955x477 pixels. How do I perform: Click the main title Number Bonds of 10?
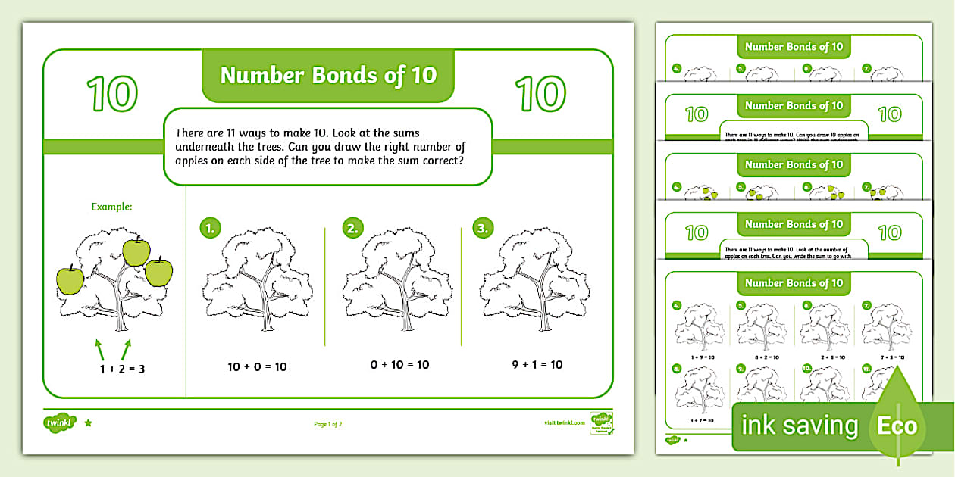click(328, 75)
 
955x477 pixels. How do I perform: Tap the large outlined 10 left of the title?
click(112, 95)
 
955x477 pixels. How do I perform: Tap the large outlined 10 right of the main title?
click(540, 95)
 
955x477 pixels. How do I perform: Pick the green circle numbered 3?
click(483, 228)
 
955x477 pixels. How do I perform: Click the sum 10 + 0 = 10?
click(257, 366)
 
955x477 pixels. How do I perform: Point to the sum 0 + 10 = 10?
click(399, 365)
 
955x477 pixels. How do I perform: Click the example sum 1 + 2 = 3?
click(122, 369)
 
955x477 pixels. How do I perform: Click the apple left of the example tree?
click(70, 279)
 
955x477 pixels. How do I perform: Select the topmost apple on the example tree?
click(136, 251)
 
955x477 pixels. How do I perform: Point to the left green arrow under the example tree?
click(99, 350)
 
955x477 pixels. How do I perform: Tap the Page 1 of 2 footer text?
click(328, 424)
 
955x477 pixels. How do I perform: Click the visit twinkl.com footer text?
click(564, 423)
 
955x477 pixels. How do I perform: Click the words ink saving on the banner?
click(800, 426)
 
